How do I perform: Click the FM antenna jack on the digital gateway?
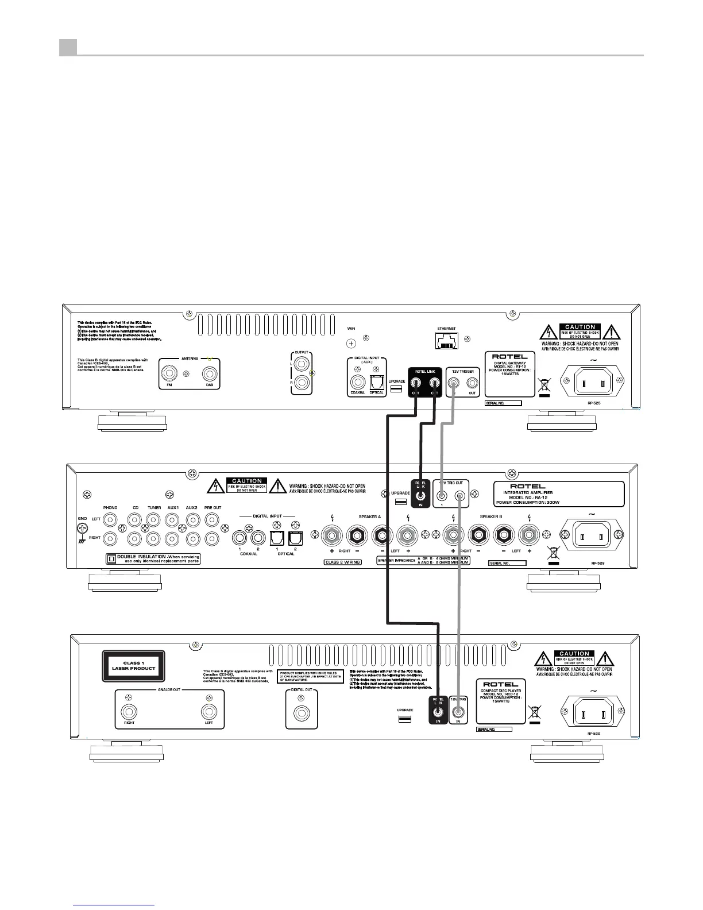coord(169,375)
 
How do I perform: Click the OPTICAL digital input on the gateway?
coord(377,381)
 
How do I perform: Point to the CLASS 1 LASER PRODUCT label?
coord(133,666)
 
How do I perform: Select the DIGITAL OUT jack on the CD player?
coord(301,714)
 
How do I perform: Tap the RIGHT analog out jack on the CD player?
coord(129,712)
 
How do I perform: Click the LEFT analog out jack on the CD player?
coord(209,712)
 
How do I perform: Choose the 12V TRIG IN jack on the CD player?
coord(458,713)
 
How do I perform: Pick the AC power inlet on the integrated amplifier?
coord(591,537)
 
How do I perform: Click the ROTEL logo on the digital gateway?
coord(510,356)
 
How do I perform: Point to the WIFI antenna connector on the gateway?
coord(351,344)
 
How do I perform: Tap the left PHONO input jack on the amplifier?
coord(110,520)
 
